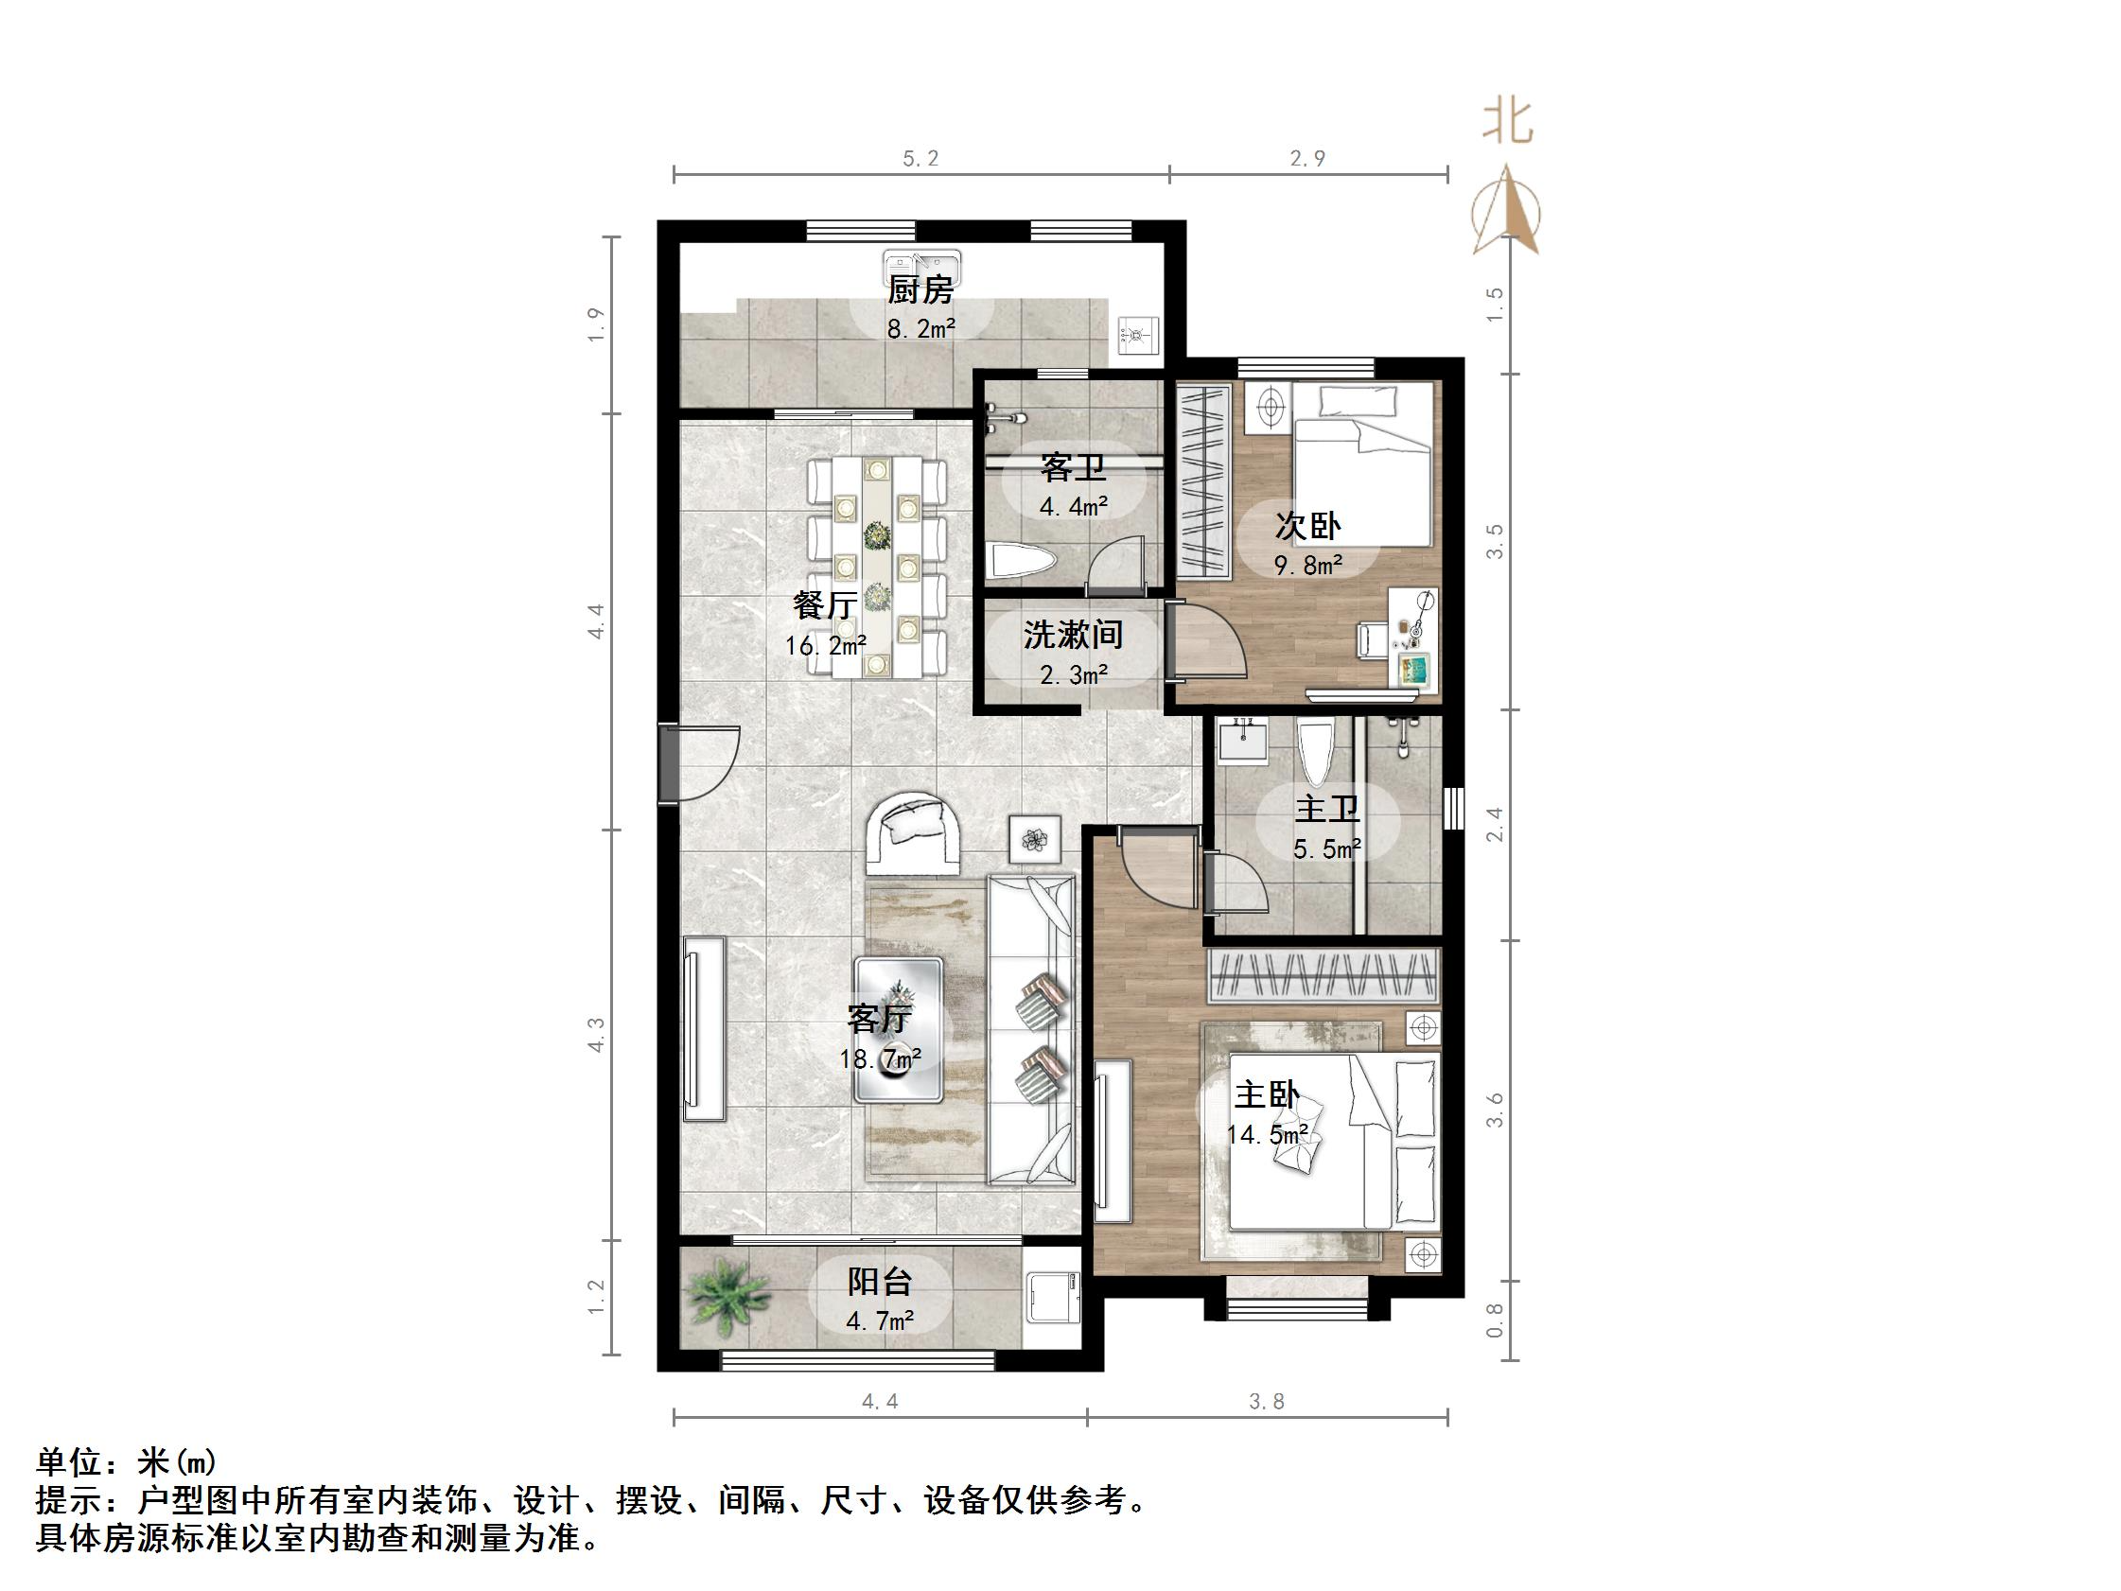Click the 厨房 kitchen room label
[920, 289]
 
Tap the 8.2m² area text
[920, 330]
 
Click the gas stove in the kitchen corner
[1138, 336]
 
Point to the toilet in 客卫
[1021, 562]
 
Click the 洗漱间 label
[1073, 634]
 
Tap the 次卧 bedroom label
[1307, 526]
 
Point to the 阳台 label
[879, 1282]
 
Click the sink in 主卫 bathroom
[1243, 742]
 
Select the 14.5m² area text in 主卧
[1268, 1135]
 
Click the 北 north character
[1506, 123]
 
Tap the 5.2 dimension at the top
[920, 158]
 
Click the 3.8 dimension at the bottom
[1266, 1401]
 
